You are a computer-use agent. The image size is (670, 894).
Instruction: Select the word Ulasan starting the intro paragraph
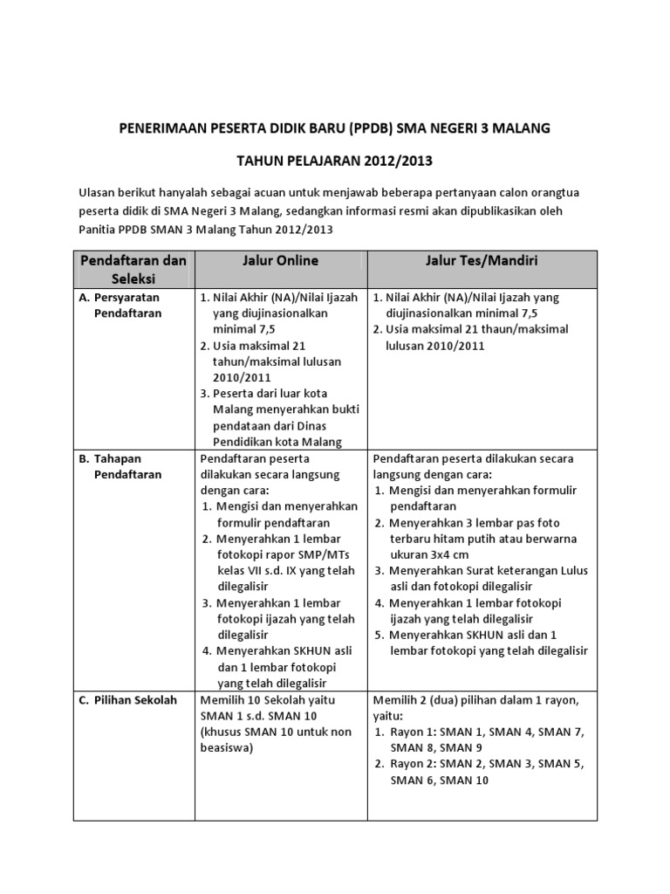point(98,193)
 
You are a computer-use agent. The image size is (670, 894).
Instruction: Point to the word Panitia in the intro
point(98,229)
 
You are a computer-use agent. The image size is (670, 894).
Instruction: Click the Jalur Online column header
point(280,261)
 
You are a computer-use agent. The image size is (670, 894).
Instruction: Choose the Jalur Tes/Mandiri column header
point(482,261)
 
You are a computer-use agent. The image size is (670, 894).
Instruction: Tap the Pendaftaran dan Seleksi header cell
point(133,269)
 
